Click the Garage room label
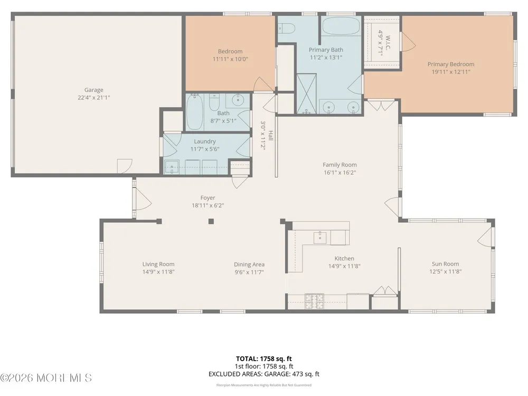[x=93, y=90]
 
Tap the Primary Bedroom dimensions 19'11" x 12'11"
[x=451, y=72]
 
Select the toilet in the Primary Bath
[x=286, y=28]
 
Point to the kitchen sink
[x=320, y=238]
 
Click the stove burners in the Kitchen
[x=314, y=301]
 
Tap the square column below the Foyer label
[x=211, y=221]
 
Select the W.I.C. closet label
[x=388, y=42]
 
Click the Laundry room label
[x=205, y=142]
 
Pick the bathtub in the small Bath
[x=195, y=112]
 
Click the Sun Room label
[x=445, y=264]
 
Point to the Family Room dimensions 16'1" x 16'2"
[x=340, y=173]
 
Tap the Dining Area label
[x=249, y=265]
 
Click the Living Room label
[x=158, y=265]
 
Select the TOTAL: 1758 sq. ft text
[x=263, y=359]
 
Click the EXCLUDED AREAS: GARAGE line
[x=263, y=374]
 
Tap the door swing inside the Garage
[x=125, y=166]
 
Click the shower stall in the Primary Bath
[x=306, y=93]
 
